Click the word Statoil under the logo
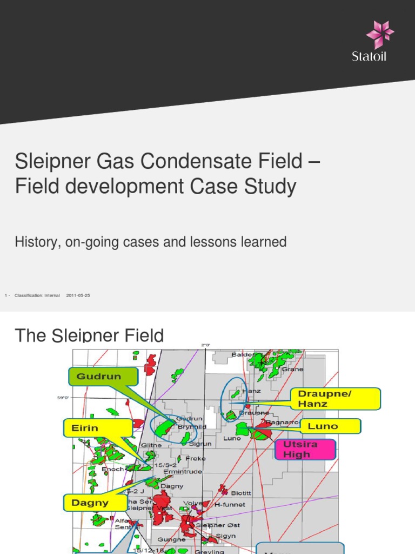(x=369, y=56)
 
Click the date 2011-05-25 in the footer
(x=78, y=295)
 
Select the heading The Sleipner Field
(x=89, y=335)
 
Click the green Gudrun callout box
(x=103, y=377)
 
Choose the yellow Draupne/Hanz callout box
(x=335, y=399)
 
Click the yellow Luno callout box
(x=330, y=426)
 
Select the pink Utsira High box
(x=305, y=449)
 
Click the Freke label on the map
(x=195, y=459)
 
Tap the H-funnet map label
(x=230, y=505)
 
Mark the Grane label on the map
(x=292, y=370)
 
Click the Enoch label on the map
(x=113, y=469)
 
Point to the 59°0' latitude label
(x=64, y=398)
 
